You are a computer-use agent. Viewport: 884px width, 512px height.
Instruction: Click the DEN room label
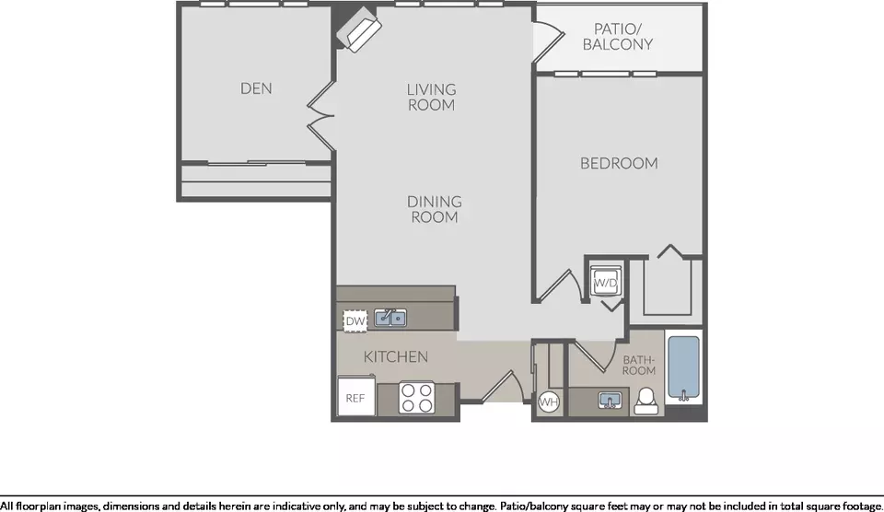[x=256, y=88]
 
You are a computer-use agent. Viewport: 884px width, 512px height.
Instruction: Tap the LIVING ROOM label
[x=431, y=97]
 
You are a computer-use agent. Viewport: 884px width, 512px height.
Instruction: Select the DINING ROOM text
[x=434, y=209]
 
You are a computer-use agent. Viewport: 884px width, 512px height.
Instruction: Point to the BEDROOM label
[x=619, y=164]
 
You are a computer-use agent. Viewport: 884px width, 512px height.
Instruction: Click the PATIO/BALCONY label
[x=617, y=37]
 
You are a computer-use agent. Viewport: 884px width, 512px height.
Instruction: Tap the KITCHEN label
[x=395, y=357]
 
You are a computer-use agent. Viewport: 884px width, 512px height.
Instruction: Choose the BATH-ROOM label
[x=639, y=365]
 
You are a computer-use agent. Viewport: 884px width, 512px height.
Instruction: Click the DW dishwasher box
[x=355, y=320]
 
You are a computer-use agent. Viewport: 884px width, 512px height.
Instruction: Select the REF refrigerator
[x=356, y=396]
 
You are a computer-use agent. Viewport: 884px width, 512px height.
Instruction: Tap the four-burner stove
[x=417, y=398]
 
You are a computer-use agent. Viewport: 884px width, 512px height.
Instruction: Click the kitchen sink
[x=390, y=318]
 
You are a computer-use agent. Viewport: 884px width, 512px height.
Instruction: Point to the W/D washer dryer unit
[x=606, y=282]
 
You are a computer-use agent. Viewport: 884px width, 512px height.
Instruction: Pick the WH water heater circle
[x=549, y=402]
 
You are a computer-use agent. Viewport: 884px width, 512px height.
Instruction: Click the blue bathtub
[x=684, y=367]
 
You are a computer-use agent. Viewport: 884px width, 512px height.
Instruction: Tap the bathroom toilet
[x=646, y=401]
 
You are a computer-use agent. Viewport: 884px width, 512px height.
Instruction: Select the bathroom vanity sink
[x=610, y=401]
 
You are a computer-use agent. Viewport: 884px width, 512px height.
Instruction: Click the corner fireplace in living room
[x=359, y=29]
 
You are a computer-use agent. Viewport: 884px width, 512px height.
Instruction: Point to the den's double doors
[x=321, y=116]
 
